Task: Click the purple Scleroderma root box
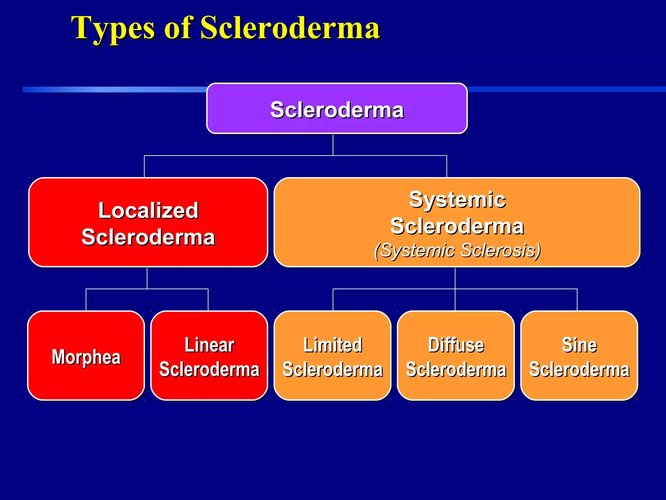coord(337,108)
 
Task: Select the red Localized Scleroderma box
coord(148,222)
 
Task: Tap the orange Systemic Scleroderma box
coord(457,222)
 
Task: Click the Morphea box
coord(86,355)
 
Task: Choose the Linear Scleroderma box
coord(209,355)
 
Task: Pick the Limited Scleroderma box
coord(333,355)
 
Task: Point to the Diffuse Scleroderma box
coord(456,355)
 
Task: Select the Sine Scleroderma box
coord(579,355)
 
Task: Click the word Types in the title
coord(113,29)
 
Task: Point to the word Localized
coord(148,210)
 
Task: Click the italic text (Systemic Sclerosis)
coord(457,250)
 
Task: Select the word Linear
coord(209,345)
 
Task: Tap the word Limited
coord(333,345)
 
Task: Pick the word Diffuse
coord(456,345)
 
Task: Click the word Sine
coord(579,345)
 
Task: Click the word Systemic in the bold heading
coord(457,199)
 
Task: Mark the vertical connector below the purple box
coord(333,145)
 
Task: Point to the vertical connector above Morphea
coord(86,300)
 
